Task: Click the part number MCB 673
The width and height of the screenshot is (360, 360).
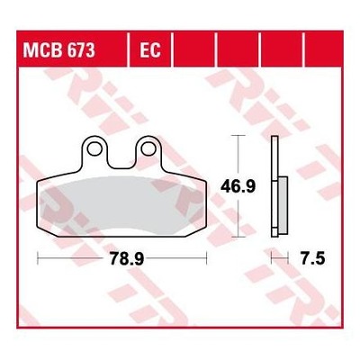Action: click(x=58, y=50)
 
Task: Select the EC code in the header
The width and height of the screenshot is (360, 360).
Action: click(x=150, y=50)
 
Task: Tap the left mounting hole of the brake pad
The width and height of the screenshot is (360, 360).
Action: click(x=94, y=149)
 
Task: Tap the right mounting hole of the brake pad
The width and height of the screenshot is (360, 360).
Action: click(x=148, y=149)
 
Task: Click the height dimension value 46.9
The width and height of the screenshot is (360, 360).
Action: click(x=238, y=186)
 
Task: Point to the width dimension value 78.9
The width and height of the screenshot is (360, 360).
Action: click(x=127, y=258)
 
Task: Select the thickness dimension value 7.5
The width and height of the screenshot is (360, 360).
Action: click(x=313, y=258)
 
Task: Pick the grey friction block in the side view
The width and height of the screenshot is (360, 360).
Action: click(x=283, y=205)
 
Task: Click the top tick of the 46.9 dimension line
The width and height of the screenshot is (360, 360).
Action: click(x=238, y=136)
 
